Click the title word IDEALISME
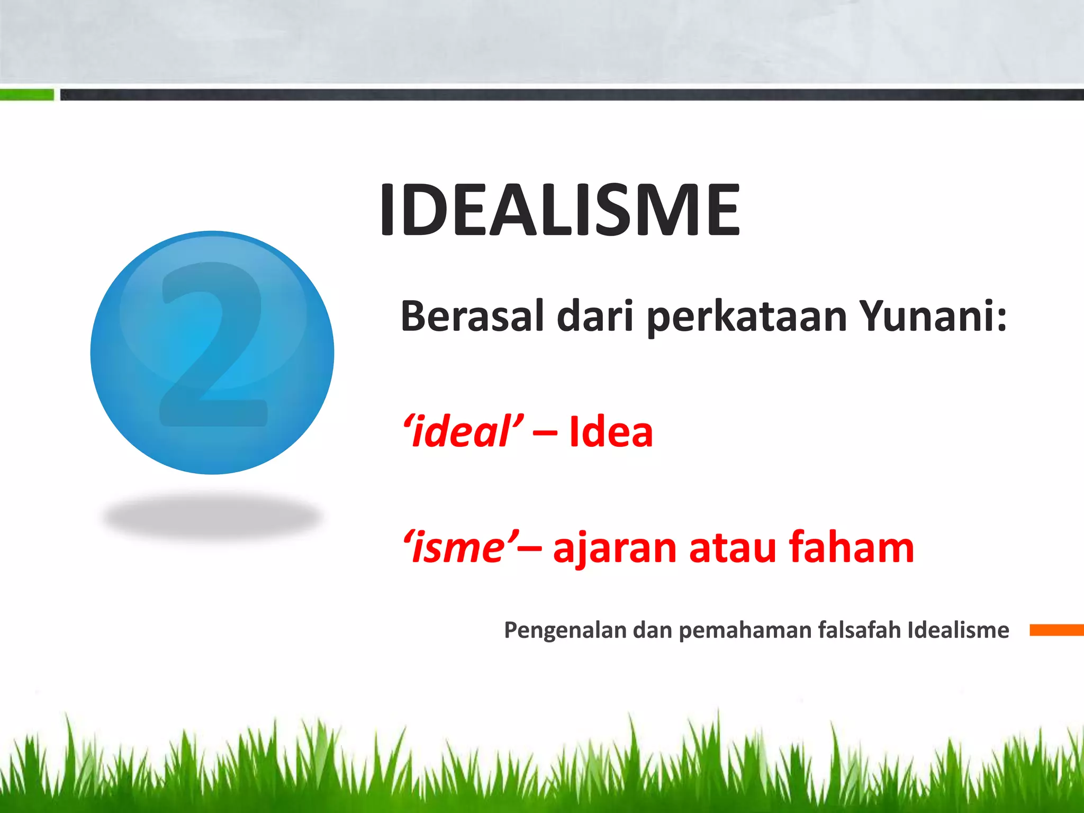[x=559, y=210]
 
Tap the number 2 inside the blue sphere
[x=213, y=344]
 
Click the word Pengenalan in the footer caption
[x=565, y=630]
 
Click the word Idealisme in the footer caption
[x=958, y=629]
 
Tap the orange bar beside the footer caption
[x=1056, y=630]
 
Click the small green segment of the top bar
[x=26, y=95]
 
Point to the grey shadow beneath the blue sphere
[x=212, y=516]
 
